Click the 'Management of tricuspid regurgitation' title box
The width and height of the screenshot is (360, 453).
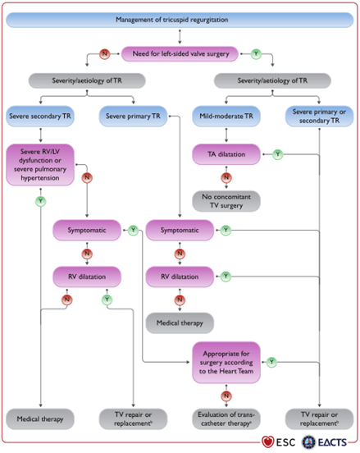point(180,20)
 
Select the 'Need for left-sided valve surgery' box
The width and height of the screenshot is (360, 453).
point(180,53)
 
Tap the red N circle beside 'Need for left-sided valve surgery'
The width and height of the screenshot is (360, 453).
point(104,53)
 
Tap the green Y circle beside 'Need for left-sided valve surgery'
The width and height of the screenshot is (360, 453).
point(256,53)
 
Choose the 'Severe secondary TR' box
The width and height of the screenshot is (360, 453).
point(40,117)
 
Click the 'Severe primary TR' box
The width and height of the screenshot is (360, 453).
point(133,117)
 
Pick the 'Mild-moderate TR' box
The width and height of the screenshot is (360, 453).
point(226,117)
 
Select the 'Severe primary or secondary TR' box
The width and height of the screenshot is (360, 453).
point(319,117)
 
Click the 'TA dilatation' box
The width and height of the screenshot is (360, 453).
point(226,154)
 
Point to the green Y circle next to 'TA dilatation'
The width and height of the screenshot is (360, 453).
point(278,154)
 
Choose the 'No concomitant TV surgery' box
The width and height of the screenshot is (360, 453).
point(226,201)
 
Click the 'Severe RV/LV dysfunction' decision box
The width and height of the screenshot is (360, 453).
point(40,165)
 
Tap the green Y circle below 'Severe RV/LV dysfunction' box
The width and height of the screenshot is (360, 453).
point(41,201)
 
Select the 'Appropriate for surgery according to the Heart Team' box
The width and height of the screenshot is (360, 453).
point(226,362)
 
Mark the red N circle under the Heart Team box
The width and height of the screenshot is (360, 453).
point(226,396)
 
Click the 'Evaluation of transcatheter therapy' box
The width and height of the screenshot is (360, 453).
point(226,419)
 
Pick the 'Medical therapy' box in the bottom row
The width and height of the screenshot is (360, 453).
point(40,419)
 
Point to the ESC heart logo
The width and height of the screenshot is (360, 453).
point(267,442)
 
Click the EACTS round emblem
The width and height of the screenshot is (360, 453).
point(308,442)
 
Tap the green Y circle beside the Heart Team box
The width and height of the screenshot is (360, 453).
point(271,362)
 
